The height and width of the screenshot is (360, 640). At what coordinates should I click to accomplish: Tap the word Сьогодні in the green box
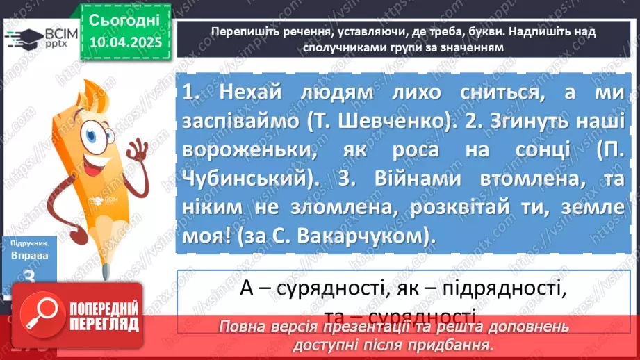(x=125, y=19)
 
